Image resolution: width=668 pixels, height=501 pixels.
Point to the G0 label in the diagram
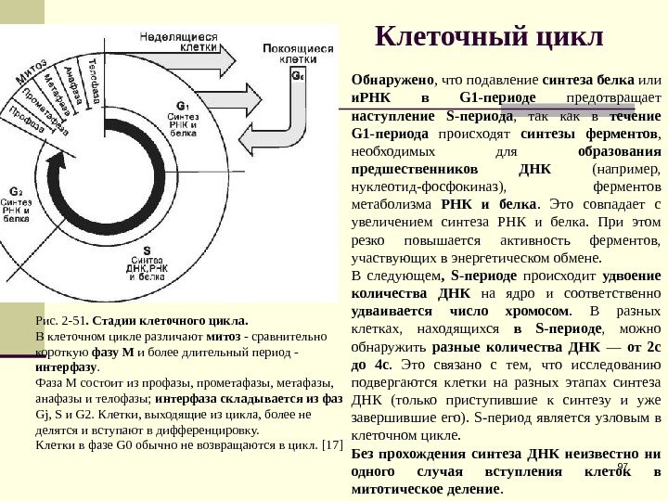pyautogui.click(x=297, y=77)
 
